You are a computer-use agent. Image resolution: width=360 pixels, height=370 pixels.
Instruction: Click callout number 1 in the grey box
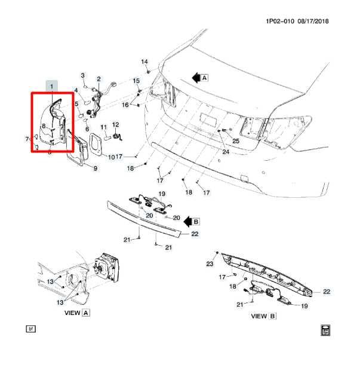click(52, 87)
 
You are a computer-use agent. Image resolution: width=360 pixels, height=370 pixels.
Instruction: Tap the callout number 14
click(144, 62)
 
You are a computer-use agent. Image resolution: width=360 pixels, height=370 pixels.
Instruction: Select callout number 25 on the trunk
click(236, 141)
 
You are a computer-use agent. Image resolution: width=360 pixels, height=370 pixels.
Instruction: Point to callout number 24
click(226, 152)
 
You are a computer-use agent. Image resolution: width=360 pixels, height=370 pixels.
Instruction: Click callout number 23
click(210, 264)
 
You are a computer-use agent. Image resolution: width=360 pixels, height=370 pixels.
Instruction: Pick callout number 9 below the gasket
click(95, 169)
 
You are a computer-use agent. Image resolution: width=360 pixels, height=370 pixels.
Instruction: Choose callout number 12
click(116, 125)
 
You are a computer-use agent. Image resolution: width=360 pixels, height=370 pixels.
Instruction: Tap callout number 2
click(99, 78)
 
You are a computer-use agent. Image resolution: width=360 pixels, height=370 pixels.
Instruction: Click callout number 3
click(83, 75)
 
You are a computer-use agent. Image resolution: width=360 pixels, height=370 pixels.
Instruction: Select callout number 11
click(103, 127)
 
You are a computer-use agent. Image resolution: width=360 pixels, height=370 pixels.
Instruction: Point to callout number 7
click(27, 139)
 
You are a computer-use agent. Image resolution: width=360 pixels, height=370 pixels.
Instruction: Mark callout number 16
click(125, 105)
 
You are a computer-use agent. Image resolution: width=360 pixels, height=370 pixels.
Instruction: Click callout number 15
click(136, 81)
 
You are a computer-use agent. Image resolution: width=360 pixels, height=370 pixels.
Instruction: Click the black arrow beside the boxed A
click(195, 77)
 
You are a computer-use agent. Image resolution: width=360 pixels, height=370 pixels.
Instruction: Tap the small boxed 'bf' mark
click(30, 329)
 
